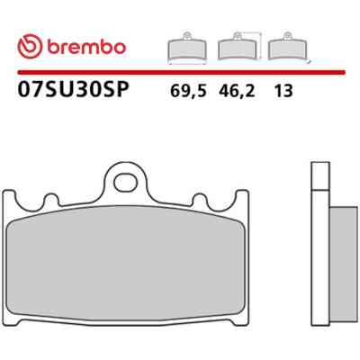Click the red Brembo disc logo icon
click(x=30, y=46)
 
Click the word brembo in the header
click(x=85, y=47)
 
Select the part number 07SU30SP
click(x=74, y=89)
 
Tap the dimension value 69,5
click(x=188, y=91)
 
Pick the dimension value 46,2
click(x=237, y=91)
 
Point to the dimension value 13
click(x=283, y=91)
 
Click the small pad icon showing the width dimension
click(x=187, y=48)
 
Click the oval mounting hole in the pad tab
click(x=126, y=182)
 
